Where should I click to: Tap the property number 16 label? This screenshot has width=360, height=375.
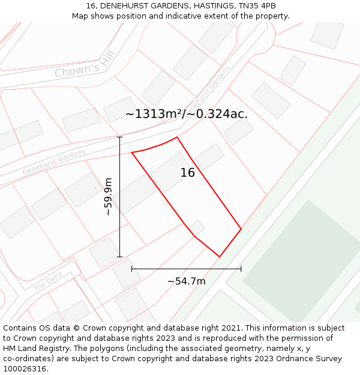point(187,173)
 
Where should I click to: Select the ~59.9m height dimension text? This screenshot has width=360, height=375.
point(108,196)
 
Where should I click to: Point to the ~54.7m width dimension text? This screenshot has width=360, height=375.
point(186,281)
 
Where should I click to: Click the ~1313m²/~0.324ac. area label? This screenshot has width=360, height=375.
point(186,114)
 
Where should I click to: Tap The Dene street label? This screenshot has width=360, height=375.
point(48,283)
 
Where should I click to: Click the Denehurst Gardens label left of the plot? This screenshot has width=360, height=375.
point(54,162)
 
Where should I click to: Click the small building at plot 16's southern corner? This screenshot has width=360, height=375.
point(197,227)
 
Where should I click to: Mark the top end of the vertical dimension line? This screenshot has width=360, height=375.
point(119,137)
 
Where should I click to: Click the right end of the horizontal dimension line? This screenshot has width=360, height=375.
point(241,269)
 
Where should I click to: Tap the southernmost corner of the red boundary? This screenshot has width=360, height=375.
point(220,257)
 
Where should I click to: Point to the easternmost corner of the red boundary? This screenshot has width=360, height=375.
point(241,229)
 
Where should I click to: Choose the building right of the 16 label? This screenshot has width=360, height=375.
point(209,157)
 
